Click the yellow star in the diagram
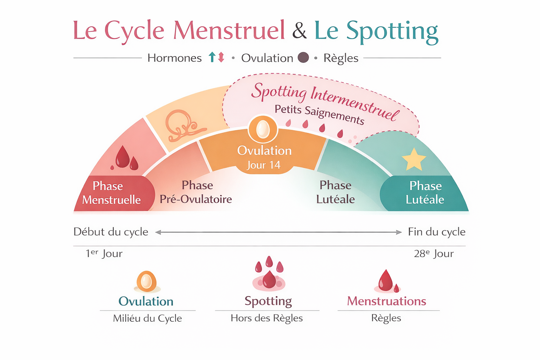414,160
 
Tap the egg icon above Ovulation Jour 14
263,129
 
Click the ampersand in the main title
300,30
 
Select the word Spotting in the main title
392,32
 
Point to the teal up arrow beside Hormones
212,57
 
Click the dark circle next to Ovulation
303,58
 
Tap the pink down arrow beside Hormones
221,57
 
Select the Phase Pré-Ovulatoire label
196,192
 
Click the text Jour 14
263,165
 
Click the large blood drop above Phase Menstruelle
122,156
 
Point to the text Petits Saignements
320,115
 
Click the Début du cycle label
111,232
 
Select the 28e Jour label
434,254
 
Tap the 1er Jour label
104,254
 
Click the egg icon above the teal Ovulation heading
147,282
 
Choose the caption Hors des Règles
266,318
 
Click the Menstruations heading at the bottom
387,301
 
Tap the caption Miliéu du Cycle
148,318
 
